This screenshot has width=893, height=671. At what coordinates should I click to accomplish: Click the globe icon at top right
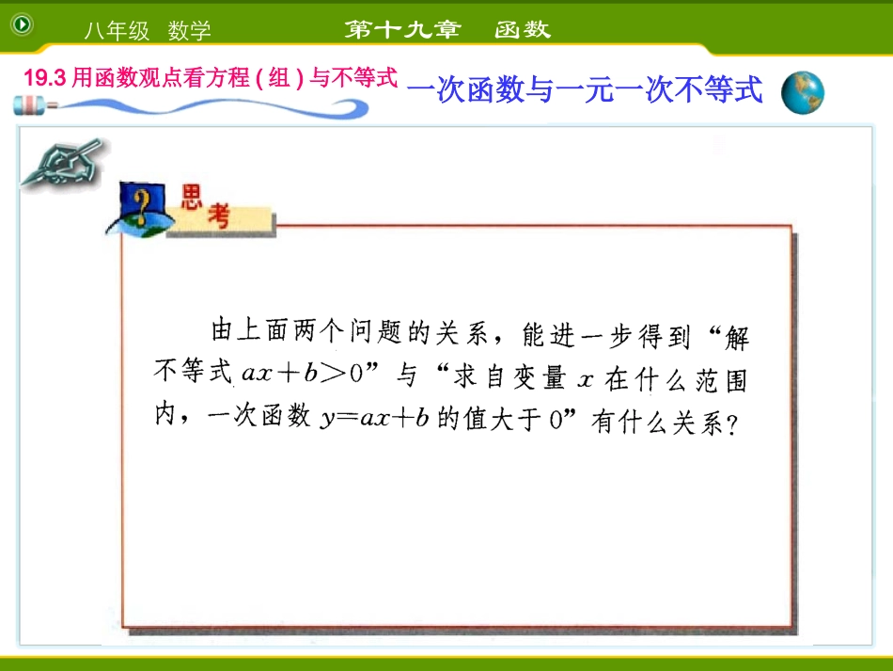pyautogui.click(x=802, y=92)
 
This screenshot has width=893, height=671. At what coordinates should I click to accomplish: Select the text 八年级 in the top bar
pyautogui.click(x=117, y=31)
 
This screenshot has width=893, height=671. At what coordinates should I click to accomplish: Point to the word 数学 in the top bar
pyautogui.click(x=190, y=31)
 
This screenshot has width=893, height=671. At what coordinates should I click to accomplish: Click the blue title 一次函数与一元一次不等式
pyautogui.click(x=586, y=90)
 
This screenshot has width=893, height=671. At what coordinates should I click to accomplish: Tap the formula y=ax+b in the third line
pyautogui.click(x=375, y=418)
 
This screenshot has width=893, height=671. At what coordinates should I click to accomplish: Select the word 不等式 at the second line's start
pyautogui.click(x=192, y=373)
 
